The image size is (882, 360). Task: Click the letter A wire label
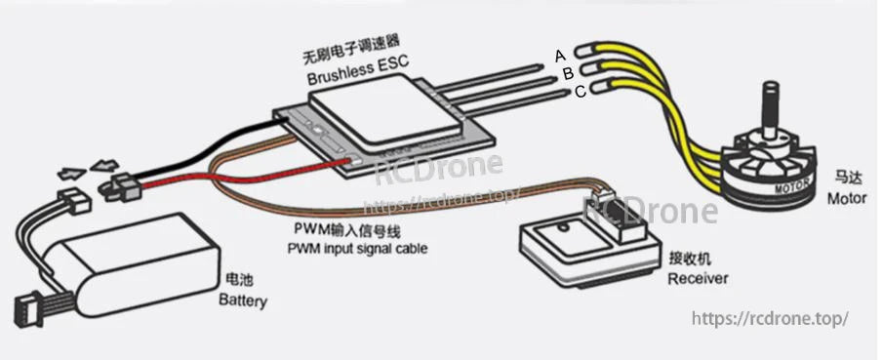pos(561,55)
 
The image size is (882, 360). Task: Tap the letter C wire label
pos(580,91)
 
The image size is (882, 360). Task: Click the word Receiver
pos(698,279)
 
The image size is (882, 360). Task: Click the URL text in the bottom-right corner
pos(770,319)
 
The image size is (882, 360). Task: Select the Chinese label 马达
pos(845,180)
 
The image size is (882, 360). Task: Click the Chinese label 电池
pos(237,280)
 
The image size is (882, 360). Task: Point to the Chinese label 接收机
pos(691,260)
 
